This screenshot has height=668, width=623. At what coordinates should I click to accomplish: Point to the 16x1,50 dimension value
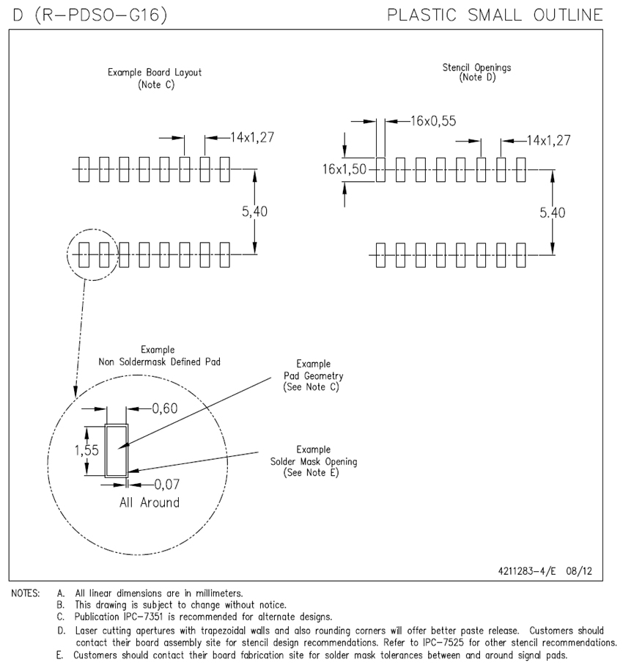(x=344, y=169)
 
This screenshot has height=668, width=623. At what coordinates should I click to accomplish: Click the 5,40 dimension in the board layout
(x=254, y=211)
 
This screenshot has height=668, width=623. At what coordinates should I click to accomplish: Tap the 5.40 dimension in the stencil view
(x=552, y=213)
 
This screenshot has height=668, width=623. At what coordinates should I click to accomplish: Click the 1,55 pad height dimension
(x=87, y=451)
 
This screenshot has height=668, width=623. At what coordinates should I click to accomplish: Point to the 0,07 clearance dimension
(x=167, y=484)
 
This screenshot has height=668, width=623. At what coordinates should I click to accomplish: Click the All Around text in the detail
(x=149, y=502)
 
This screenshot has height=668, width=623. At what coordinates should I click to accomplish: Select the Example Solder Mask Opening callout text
(x=313, y=461)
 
